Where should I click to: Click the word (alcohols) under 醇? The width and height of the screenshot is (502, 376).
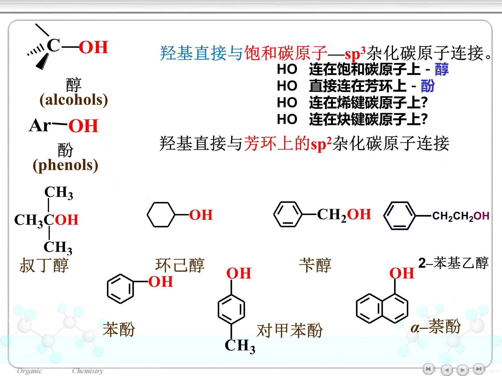click(x=74, y=100)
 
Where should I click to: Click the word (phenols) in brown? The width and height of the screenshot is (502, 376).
click(x=66, y=165)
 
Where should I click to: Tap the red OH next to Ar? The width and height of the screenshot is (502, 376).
click(x=83, y=126)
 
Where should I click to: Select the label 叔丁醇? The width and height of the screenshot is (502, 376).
click(x=44, y=265)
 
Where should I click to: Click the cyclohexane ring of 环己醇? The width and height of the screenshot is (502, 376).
click(x=161, y=215)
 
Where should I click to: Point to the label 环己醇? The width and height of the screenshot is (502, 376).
click(x=180, y=265)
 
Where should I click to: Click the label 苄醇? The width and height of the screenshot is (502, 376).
click(x=315, y=265)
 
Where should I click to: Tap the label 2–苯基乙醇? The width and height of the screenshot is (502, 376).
click(x=453, y=263)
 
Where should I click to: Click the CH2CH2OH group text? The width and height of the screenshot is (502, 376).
click(x=461, y=216)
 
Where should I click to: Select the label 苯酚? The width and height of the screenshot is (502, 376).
click(x=119, y=329)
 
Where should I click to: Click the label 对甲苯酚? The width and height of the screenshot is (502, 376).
click(x=290, y=330)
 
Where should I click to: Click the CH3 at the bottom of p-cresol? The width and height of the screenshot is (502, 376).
click(x=240, y=346)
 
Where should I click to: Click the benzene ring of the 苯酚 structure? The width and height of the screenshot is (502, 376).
click(x=120, y=289)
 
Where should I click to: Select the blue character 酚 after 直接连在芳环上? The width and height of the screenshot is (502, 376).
click(x=427, y=86)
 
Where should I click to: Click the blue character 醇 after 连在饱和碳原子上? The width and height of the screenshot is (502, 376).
click(x=442, y=69)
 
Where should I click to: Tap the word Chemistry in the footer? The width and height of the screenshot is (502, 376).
click(x=88, y=371)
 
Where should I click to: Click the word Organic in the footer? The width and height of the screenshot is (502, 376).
click(x=30, y=371)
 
